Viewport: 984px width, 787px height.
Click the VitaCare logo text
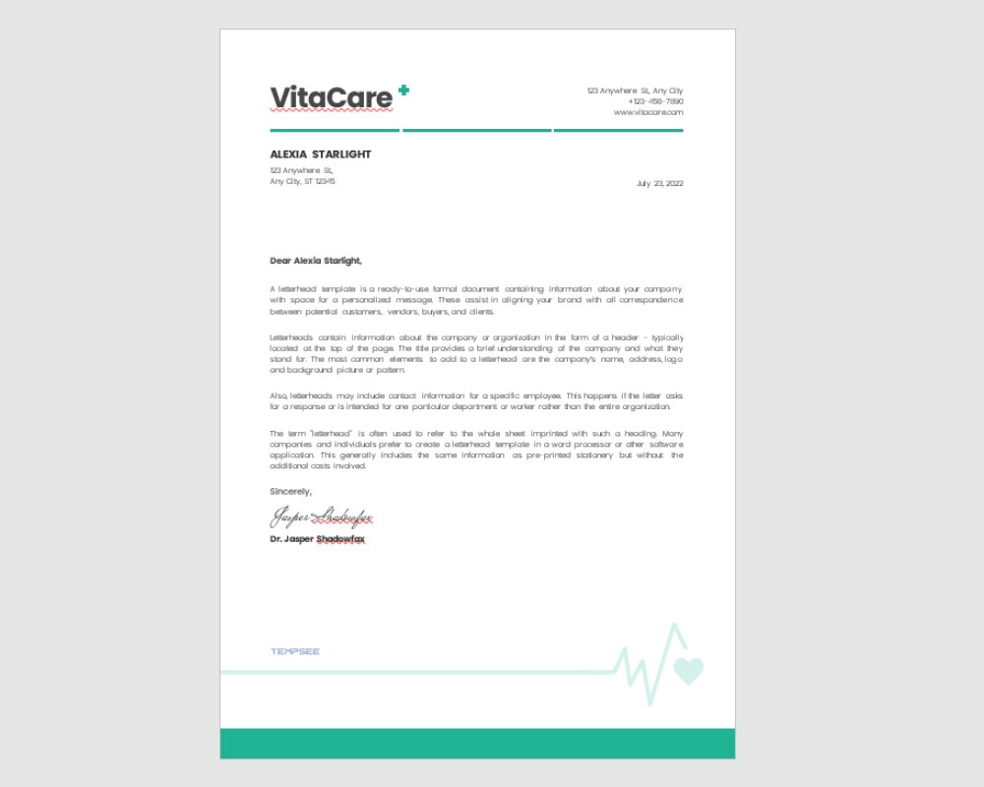[331, 97]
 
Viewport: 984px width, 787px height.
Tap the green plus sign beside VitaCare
[403, 91]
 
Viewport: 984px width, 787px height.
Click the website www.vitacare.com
[647, 112]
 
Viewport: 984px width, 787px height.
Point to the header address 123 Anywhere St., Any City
[635, 91]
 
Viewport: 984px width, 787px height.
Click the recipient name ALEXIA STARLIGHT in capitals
[321, 154]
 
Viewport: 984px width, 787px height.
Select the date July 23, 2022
[659, 183]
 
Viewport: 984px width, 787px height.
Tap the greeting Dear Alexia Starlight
[316, 261]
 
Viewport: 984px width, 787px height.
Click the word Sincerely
[290, 491]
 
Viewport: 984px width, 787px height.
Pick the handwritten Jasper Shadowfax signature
[322, 517]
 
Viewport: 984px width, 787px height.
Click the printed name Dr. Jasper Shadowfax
[317, 539]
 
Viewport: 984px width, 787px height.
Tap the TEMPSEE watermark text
[295, 651]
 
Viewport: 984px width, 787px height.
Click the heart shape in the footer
[689, 671]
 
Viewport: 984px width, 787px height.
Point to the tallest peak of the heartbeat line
[674, 626]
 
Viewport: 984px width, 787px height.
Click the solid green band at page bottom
[477, 743]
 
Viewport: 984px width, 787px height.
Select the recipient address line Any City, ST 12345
[302, 181]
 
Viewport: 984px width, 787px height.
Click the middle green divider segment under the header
[476, 130]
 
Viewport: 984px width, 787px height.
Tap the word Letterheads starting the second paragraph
[289, 336]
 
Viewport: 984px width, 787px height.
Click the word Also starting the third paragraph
[278, 394]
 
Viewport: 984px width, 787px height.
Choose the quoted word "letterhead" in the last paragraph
[332, 433]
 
